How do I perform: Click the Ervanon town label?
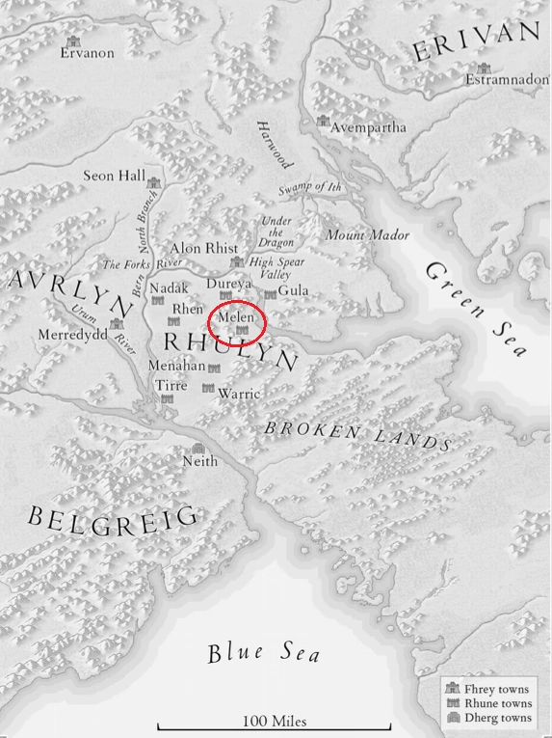[87, 53]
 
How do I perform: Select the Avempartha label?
[368, 127]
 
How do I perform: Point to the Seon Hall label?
[113, 177]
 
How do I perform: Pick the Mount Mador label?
[367, 235]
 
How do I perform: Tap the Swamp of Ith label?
[309, 187]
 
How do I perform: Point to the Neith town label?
[200, 461]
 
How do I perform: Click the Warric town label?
[239, 394]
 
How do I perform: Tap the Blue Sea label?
[263, 652]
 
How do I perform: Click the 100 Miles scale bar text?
[275, 721]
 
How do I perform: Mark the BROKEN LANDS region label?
[357, 434]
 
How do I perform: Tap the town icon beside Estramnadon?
[483, 68]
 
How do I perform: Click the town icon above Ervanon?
[73, 41]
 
